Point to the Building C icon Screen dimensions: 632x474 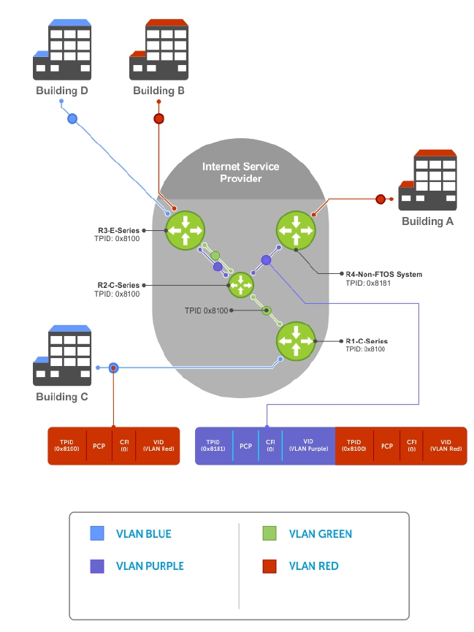[x=61, y=357]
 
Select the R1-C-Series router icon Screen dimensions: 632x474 [x=295, y=340]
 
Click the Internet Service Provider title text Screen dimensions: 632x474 [x=241, y=172]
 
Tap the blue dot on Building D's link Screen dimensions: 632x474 [x=72, y=118]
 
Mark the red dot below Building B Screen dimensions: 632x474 [x=158, y=118]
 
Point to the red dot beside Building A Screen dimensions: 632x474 [x=380, y=199]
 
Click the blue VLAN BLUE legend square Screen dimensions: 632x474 [x=97, y=534]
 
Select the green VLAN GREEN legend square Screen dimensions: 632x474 [x=270, y=534]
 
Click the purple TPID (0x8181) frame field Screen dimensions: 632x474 [x=213, y=446]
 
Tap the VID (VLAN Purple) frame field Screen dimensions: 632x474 [x=308, y=446]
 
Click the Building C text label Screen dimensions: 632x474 [x=62, y=397]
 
